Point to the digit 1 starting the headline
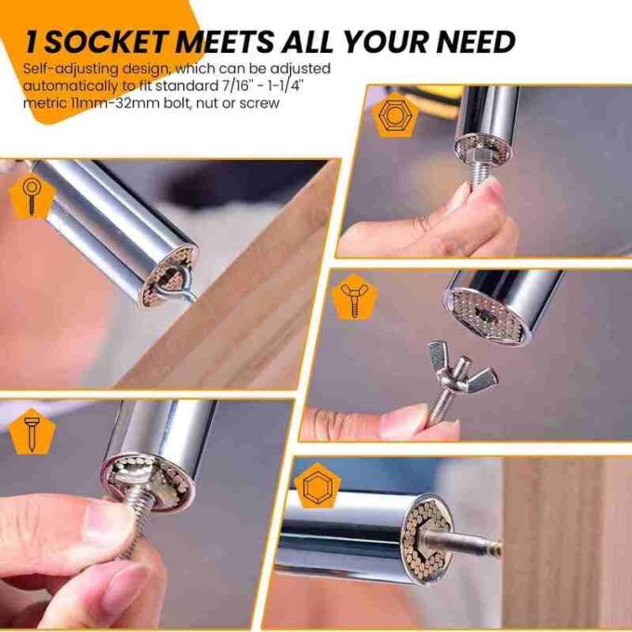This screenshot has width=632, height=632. coord(33,41)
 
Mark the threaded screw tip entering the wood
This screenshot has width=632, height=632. coord(491,547)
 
